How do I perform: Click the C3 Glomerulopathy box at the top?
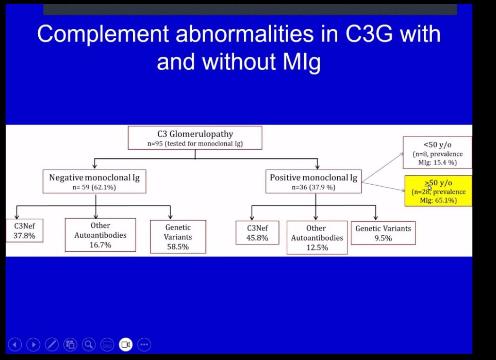click(195, 137)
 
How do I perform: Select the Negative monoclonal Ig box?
click(94, 181)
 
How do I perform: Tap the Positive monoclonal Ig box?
click(313, 181)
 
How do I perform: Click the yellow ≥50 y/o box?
click(438, 191)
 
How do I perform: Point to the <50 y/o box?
click(437, 153)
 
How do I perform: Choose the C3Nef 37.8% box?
click(24, 231)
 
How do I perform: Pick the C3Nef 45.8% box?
click(257, 233)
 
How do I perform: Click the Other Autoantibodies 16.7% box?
click(100, 235)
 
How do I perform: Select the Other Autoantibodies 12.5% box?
click(316, 237)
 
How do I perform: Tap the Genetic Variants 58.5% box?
click(178, 237)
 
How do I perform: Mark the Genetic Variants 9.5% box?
click(383, 233)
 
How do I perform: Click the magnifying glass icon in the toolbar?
click(88, 344)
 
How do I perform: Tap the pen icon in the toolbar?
click(51, 344)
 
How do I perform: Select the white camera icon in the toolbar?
click(126, 344)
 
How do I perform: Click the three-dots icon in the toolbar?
click(144, 344)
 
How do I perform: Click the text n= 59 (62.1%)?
click(94, 187)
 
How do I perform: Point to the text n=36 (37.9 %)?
click(313, 187)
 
